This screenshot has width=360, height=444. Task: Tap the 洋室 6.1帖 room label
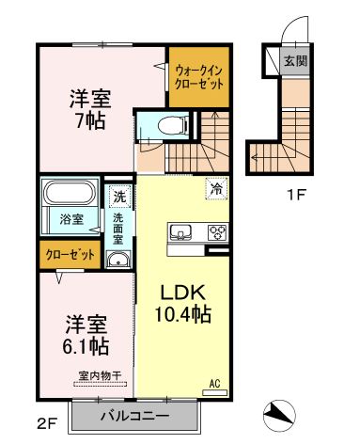tap(86, 335)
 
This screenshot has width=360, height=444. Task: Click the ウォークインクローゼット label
tap(198, 76)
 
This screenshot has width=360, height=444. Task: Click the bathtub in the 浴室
tap(68, 197)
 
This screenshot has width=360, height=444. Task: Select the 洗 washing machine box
tap(120, 198)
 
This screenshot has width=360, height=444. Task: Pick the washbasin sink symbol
tap(118, 261)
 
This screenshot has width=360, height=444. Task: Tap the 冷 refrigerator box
tap(215, 189)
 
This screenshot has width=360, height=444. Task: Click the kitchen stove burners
tap(216, 232)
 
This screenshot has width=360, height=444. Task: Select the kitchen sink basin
tap(180, 232)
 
